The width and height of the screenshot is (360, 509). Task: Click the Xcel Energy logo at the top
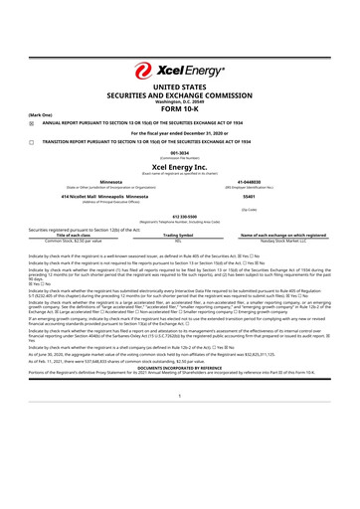(179, 71)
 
